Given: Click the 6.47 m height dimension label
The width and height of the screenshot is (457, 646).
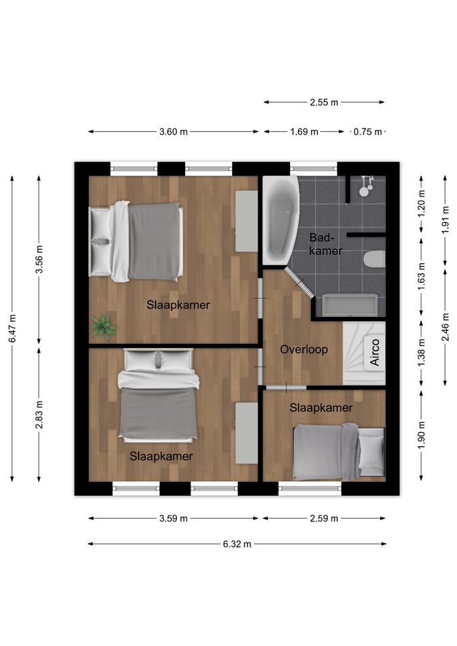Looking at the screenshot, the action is coord(12,328).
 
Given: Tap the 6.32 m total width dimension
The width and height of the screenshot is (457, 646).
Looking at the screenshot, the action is coord(237,544).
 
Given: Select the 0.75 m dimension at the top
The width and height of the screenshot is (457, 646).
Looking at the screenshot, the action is coord(367,132).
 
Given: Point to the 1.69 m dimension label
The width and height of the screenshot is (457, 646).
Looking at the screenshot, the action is coord(304,132).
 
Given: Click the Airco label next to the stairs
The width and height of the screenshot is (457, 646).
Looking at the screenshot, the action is coord(375,352).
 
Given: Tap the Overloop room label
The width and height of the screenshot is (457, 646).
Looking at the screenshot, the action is coord(304,349).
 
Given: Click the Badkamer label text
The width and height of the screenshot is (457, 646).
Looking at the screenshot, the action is coord(326,244).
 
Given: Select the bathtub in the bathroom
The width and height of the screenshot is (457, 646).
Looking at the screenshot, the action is coord(280,221).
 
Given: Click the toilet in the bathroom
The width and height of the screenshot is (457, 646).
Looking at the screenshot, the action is coord(374,259).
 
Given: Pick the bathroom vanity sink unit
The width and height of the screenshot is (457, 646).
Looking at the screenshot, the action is coord(350,305).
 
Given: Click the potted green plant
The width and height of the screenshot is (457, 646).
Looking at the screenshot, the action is coord(104,326).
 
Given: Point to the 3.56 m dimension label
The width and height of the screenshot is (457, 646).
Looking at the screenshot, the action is coord(39,259).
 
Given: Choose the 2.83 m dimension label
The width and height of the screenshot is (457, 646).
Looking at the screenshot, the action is coord(39,415).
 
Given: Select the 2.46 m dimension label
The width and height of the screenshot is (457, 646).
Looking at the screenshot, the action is coord(446,327).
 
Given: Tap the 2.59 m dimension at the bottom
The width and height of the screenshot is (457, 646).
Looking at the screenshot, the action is coord(324,518).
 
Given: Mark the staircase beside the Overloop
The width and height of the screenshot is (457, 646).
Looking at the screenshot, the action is coord(364,353).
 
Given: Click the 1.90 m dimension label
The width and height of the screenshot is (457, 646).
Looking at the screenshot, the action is coord(421,436).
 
